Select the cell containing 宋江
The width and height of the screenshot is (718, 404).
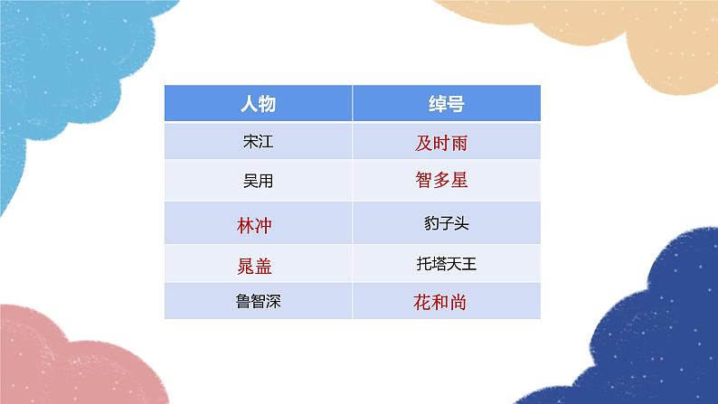pyautogui.click(x=258, y=142)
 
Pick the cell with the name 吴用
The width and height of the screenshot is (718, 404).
pyautogui.click(x=258, y=181)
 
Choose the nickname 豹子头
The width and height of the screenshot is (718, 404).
pyautogui.click(x=446, y=221)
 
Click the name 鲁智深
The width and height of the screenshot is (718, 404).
pyautogui.click(x=258, y=301)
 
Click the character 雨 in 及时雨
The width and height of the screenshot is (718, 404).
pyautogui.click(x=459, y=142)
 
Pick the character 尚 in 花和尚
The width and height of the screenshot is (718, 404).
pyautogui.click(x=459, y=302)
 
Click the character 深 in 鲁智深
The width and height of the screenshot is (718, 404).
pyautogui.click(x=274, y=301)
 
